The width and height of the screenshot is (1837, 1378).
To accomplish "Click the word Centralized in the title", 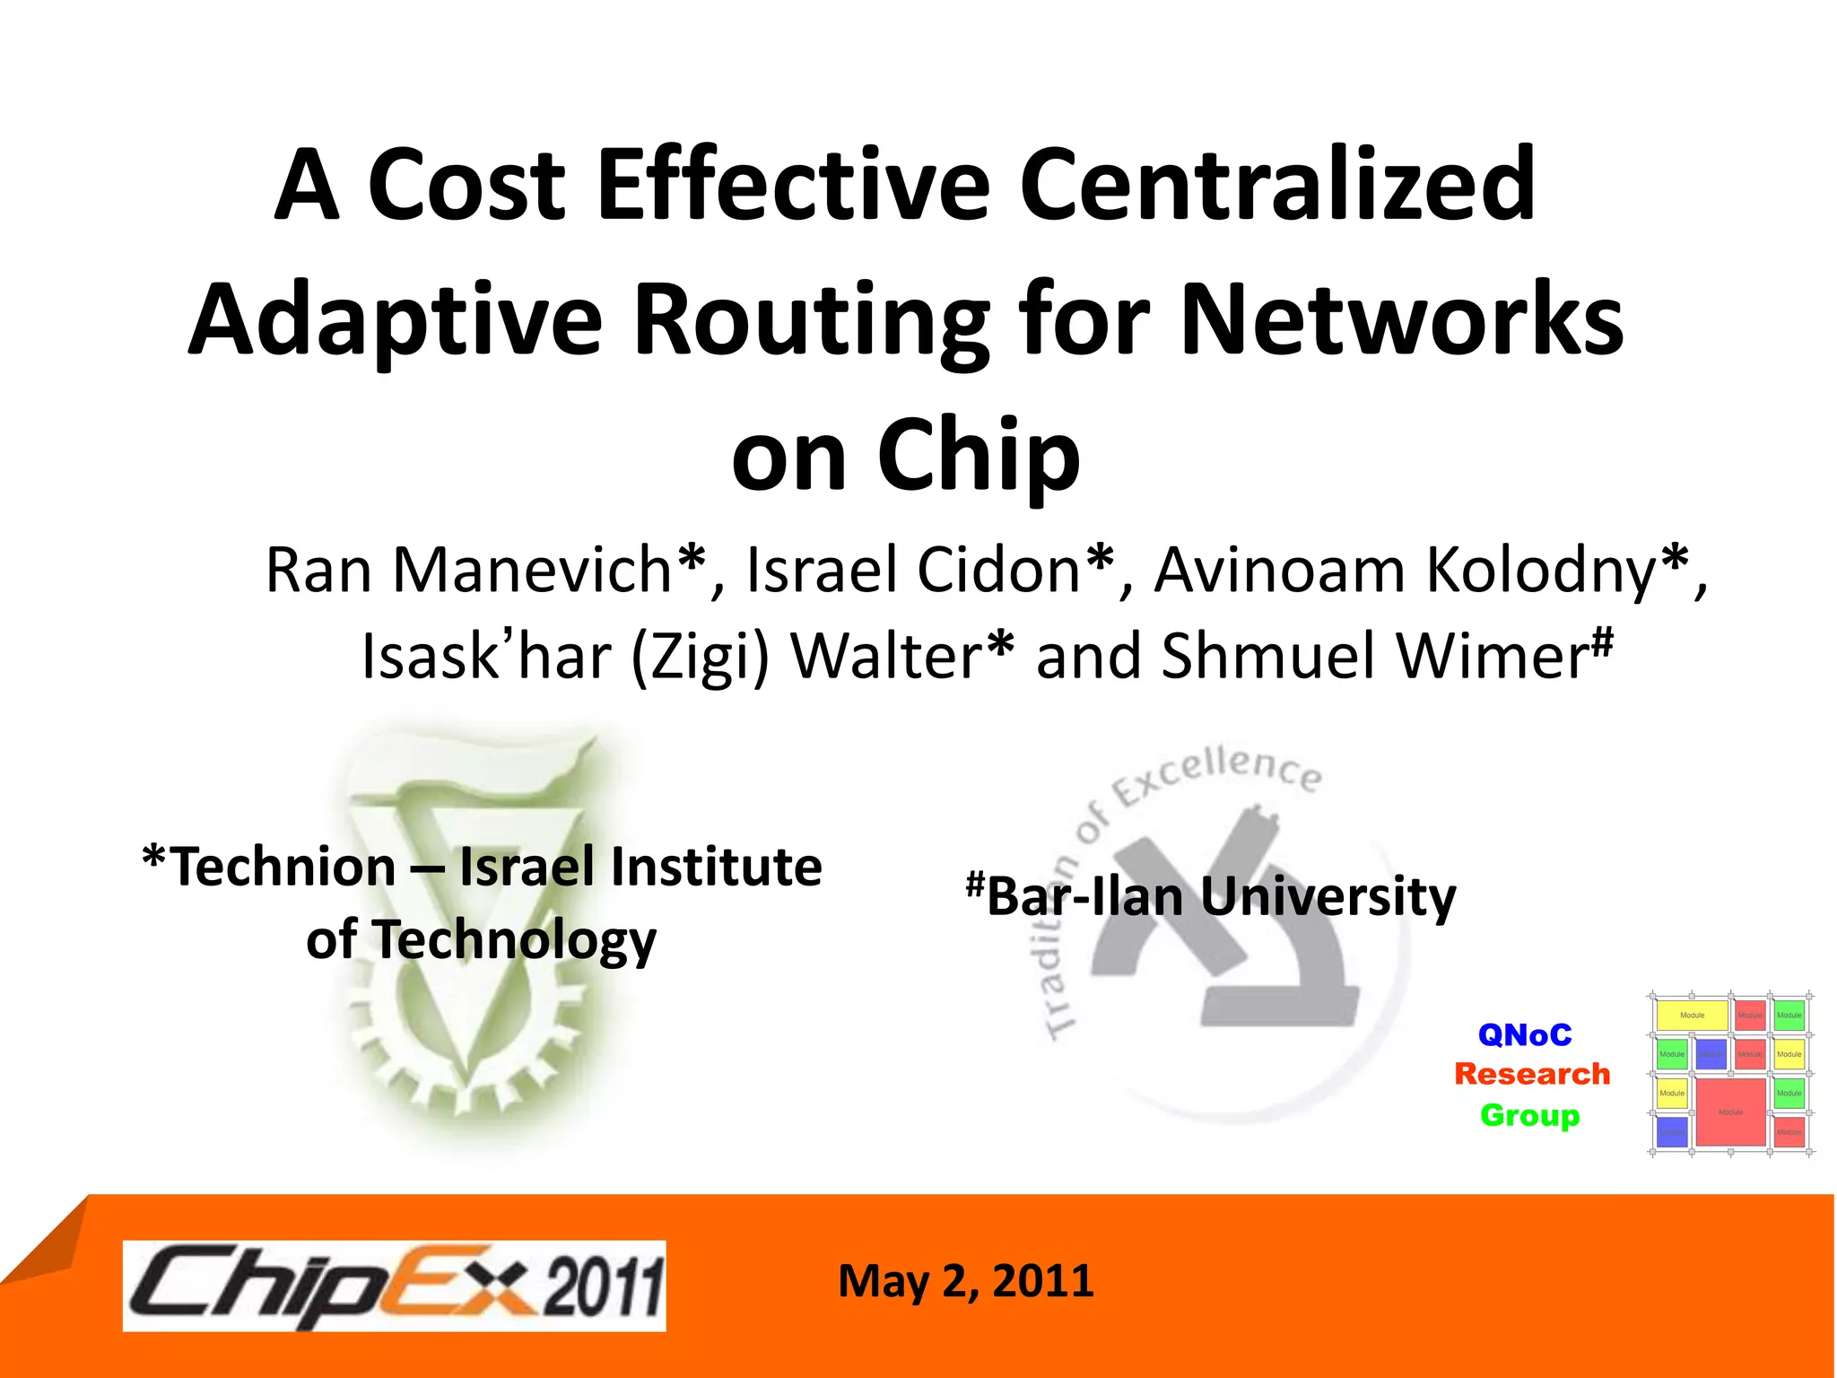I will [1277, 185].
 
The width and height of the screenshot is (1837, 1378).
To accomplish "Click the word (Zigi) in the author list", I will [701, 657].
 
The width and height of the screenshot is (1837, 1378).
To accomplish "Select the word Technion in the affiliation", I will [283, 868].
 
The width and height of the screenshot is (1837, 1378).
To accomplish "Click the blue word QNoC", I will [1525, 1035].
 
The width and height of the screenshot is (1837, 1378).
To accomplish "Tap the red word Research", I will [1532, 1074].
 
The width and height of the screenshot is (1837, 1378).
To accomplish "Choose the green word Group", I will [1529, 1115].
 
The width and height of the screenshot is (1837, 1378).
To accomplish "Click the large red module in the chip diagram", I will [1729, 1112].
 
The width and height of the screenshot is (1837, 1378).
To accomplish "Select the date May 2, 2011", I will [965, 1281].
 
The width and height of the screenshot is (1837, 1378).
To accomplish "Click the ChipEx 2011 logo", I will [395, 1286].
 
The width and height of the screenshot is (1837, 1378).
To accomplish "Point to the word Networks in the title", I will [1401, 321].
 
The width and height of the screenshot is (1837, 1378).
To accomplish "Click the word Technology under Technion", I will [514, 940].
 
